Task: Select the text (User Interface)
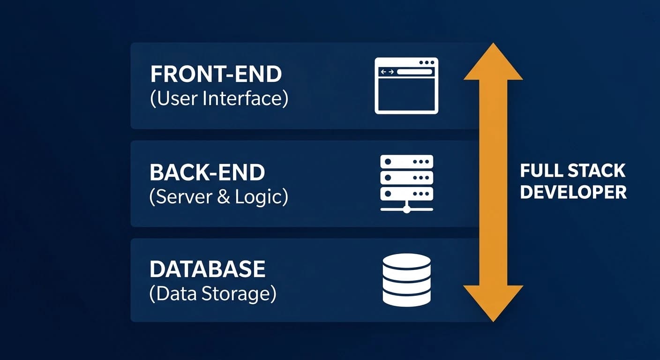click(x=219, y=99)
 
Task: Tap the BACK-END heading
click(x=207, y=172)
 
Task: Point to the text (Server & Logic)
click(x=218, y=197)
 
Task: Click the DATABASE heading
click(x=207, y=270)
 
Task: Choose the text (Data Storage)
click(x=213, y=294)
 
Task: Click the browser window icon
click(x=406, y=86)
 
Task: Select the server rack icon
click(x=406, y=183)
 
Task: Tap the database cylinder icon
click(x=406, y=280)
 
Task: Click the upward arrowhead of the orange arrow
click(x=493, y=63)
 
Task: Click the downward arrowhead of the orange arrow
click(x=493, y=302)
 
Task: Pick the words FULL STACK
click(x=573, y=171)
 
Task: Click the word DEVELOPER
click(x=573, y=192)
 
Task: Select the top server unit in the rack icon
click(x=406, y=162)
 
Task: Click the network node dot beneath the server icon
click(x=406, y=210)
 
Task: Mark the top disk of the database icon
click(x=406, y=261)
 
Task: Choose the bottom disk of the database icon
click(x=406, y=298)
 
